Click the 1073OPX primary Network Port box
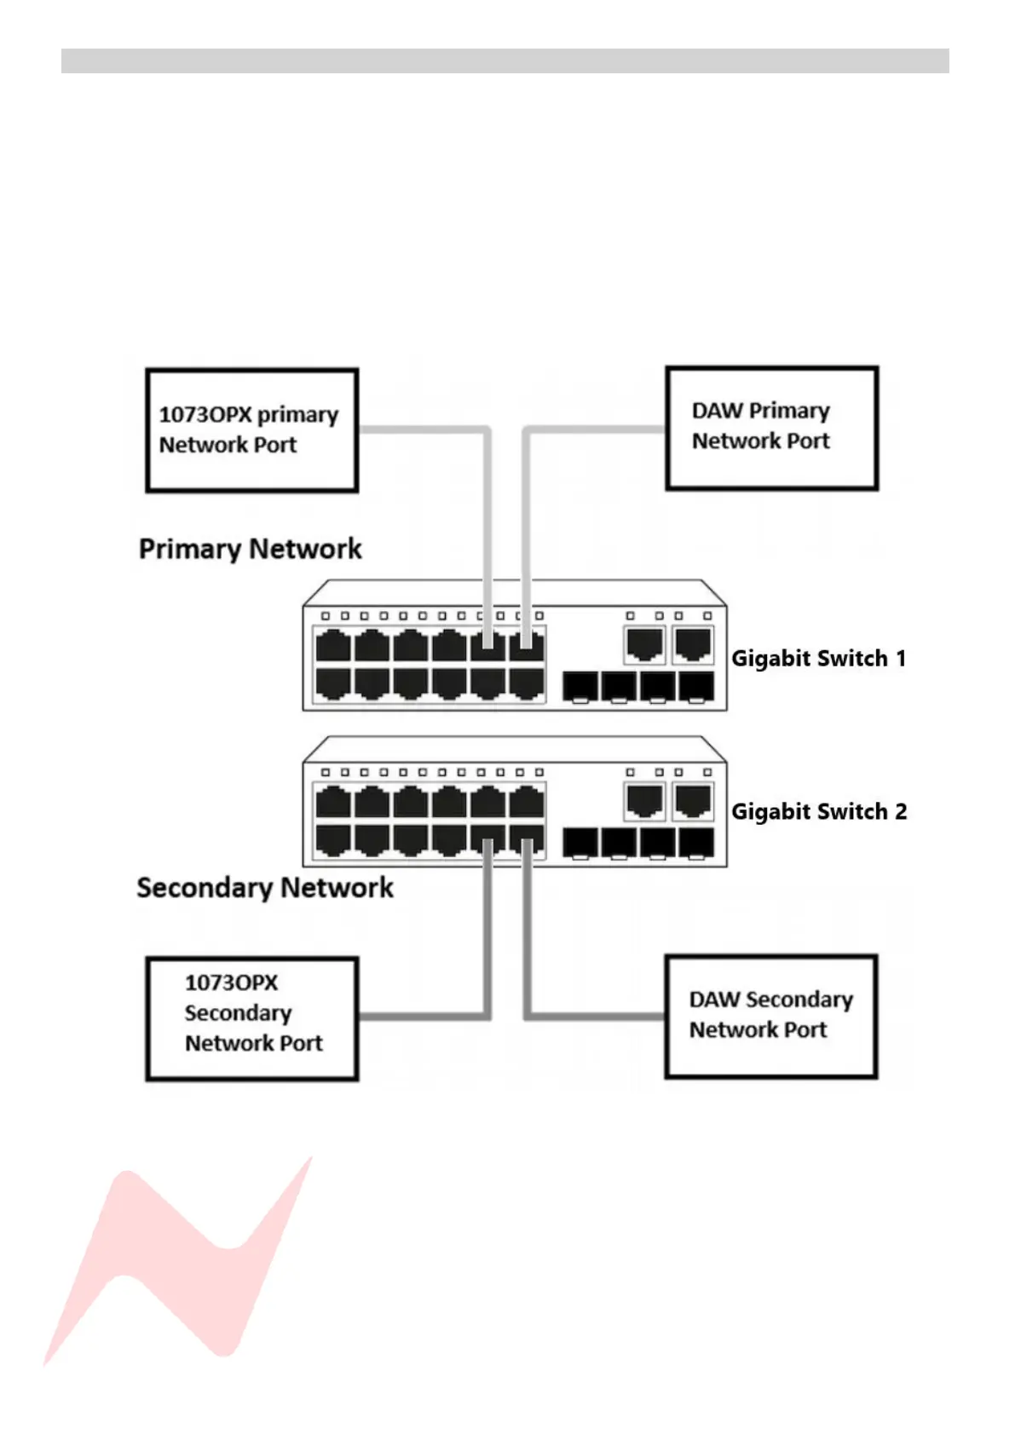[251, 430]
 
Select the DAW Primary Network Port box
[771, 428]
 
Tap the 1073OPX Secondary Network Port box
[251, 1018]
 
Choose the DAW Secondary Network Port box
[770, 1016]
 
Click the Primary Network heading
[250, 549]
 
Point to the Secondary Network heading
[264, 888]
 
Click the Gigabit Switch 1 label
[818, 659]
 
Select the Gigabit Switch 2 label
[819, 812]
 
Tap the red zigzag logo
[179, 1261]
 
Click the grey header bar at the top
[505, 61]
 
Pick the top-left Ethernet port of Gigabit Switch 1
[332, 646]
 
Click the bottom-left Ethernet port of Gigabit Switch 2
[332, 839]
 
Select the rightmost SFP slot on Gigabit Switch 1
[696, 686]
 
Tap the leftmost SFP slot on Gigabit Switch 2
[580, 843]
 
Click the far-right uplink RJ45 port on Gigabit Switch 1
[693, 644]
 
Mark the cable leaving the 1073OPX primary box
[422, 429]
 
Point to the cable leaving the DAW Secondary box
[597, 1016]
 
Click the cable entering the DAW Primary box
[597, 429]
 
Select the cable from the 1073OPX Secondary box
[422, 1016]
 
